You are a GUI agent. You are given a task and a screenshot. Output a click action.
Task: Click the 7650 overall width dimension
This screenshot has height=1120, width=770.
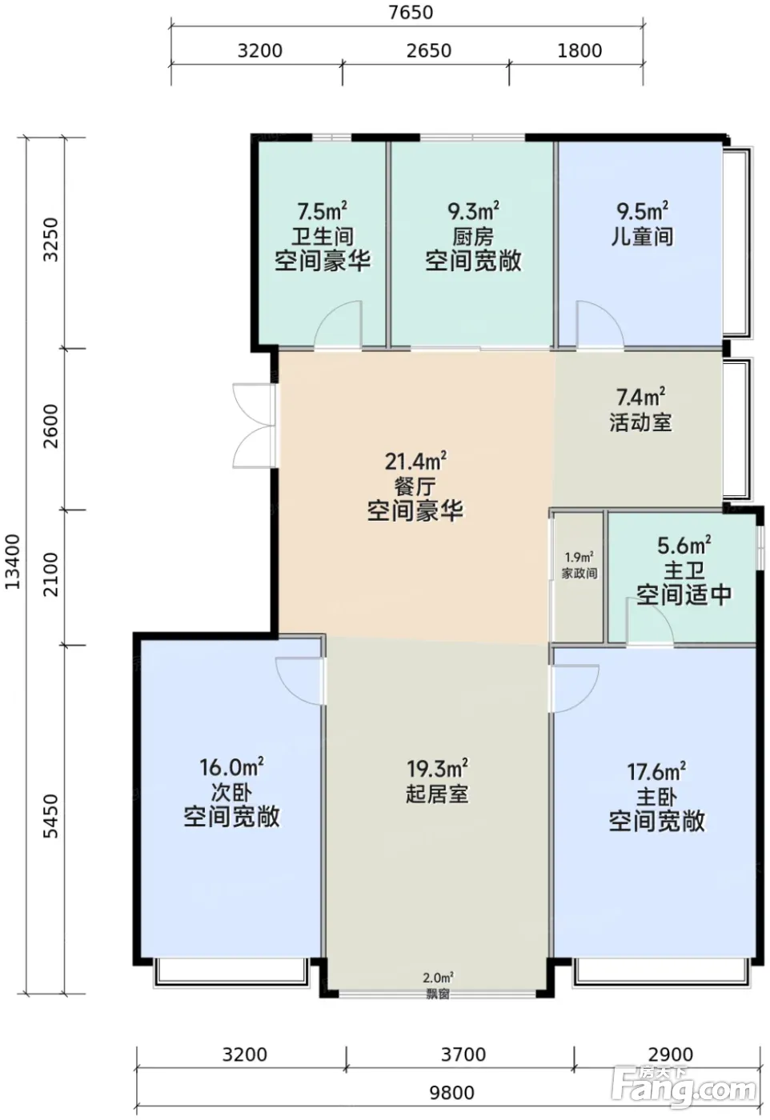[x=411, y=13]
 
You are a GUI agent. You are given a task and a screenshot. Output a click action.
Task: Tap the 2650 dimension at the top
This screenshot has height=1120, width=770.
[x=429, y=50]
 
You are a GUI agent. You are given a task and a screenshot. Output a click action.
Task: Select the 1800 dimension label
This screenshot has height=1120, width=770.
[x=580, y=50]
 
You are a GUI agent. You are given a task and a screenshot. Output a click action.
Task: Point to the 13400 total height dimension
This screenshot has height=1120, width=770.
[x=13, y=562]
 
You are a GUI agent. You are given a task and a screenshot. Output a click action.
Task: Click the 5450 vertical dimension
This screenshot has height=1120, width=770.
[x=51, y=816]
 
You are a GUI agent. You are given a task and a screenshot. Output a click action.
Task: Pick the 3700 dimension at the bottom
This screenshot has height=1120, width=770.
[x=463, y=1054]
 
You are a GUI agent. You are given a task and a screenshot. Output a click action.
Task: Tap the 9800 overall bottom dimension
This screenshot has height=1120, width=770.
[x=451, y=1093]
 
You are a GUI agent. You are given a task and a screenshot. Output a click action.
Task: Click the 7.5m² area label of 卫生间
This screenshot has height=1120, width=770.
[x=323, y=211]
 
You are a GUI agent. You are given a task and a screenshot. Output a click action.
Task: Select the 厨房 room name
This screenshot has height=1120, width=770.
[x=473, y=237]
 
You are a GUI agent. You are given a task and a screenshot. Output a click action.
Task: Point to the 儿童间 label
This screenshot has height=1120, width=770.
[x=642, y=237]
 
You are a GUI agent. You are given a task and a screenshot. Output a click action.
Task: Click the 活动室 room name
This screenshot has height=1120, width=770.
[x=640, y=422]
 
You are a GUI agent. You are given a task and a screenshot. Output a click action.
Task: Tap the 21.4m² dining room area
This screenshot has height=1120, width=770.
[x=415, y=461]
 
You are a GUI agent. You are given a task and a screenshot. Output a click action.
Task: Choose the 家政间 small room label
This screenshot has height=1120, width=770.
[x=580, y=573]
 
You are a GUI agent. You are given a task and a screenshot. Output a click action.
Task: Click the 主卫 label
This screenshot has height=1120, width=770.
[x=684, y=570]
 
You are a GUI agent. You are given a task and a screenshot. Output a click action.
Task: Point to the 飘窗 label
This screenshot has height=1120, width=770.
[x=438, y=994]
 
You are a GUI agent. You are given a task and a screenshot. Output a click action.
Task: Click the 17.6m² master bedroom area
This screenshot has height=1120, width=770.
[x=656, y=771]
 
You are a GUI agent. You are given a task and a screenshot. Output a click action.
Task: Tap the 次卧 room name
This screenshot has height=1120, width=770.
[x=231, y=792]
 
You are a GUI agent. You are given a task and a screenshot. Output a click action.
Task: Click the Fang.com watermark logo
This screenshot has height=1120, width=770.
[x=684, y=1082]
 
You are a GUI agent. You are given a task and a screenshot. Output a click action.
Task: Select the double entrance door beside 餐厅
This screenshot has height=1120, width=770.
[x=254, y=426]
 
